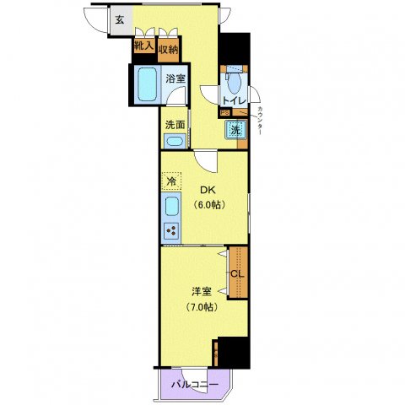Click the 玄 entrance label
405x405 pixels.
coord(120,20)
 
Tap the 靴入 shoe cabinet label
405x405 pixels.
coord(143,48)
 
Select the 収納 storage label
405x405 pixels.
coord(168,49)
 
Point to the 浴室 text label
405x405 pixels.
coord(175,79)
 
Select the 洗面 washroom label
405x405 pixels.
coord(175,125)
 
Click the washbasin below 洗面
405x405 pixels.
coord(175,140)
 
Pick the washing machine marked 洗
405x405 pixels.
coord(235,131)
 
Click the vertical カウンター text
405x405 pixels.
coord(259,122)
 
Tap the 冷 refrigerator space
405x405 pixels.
coord(170,181)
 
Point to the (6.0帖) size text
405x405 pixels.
coord(207,205)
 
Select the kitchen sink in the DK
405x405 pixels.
coord(170,208)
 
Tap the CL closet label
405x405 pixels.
coord(237,273)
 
